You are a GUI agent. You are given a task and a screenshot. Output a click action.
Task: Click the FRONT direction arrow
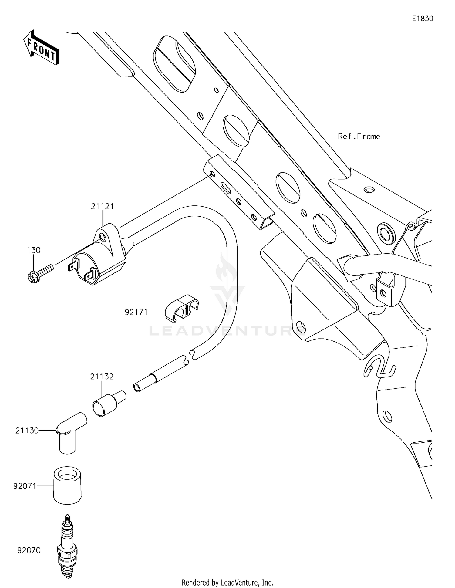[41, 48]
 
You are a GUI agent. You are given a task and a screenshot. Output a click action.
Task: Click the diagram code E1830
[423, 19]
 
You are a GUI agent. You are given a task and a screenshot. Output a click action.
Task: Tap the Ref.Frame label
[359, 137]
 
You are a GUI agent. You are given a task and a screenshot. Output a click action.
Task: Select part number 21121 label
[102, 207]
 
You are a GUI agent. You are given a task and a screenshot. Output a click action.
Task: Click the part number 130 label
[33, 251]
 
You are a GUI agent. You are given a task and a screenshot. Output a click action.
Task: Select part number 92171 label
[136, 312]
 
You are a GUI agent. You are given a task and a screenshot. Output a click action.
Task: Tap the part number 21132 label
[102, 377]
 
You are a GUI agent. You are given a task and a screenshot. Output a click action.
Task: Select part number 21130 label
[27, 431]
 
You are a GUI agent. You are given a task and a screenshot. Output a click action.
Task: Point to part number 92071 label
[25, 486]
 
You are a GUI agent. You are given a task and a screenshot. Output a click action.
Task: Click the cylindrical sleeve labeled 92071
[67, 485]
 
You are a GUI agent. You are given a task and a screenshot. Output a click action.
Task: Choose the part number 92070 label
[29, 550]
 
